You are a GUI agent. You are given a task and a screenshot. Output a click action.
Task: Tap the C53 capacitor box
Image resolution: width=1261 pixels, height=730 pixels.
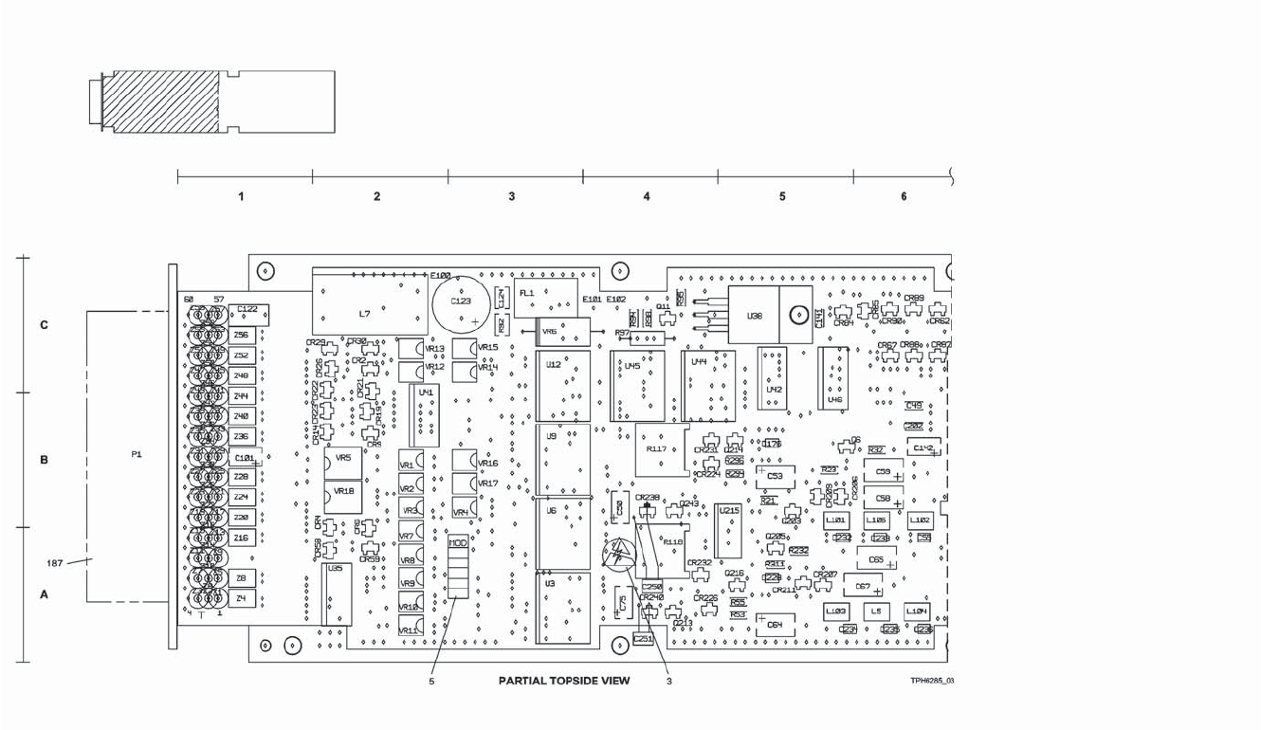(x=775, y=476)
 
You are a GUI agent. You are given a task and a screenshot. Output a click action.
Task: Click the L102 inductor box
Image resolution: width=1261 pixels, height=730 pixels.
(x=920, y=520)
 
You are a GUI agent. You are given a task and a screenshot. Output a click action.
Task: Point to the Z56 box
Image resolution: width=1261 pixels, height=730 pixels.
(x=242, y=335)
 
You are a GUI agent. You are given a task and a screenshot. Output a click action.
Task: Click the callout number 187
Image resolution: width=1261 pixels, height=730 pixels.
(x=56, y=563)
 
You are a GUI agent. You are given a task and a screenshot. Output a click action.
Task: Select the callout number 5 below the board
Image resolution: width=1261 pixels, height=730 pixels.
(x=431, y=681)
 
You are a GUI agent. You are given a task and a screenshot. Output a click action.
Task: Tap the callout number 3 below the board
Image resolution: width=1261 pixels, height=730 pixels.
(x=668, y=681)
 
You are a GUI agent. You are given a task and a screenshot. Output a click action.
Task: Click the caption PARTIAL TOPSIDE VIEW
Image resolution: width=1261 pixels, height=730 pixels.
(x=564, y=681)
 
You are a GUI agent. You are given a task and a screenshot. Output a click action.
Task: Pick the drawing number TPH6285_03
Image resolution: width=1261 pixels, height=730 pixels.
(x=932, y=681)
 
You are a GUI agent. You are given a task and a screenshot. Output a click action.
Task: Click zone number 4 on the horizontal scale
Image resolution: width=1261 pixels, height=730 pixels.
(x=647, y=196)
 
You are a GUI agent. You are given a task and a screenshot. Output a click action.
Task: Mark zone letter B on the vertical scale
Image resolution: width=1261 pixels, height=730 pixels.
(x=44, y=460)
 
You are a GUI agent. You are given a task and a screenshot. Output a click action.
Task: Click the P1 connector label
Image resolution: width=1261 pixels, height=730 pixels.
(x=137, y=455)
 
